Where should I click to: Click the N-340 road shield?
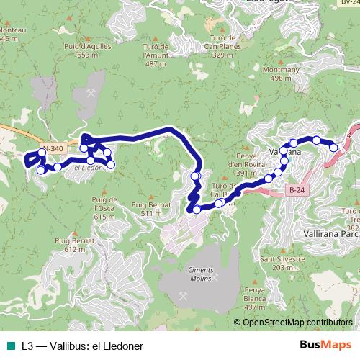pos(53,149)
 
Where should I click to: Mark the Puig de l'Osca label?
pos(104,208)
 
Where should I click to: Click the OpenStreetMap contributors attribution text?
pos(293,322)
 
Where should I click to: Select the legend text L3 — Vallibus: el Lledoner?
pos(82,346)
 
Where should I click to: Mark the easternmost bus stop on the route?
pos(334,147)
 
